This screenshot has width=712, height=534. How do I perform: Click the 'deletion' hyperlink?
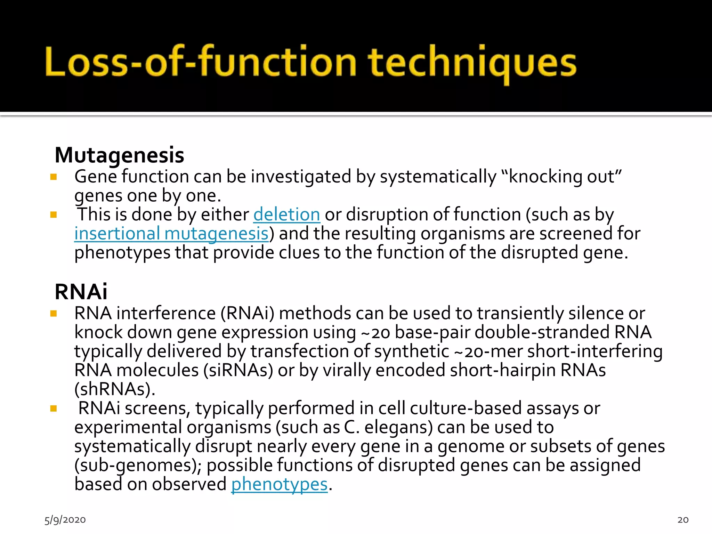(x=286, y=215)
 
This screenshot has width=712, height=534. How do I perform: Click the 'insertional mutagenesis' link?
(x=171, y=234)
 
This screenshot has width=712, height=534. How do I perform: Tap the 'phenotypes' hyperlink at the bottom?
(x=280, y=484)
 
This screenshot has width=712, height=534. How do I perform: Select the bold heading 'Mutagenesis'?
(x=119, y=155)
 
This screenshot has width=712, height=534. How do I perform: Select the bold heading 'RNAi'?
(x=81, y=292)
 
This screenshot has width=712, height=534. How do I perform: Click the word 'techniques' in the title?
(x=472, y=63)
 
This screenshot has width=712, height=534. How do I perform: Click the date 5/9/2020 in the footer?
(x=65, y=520)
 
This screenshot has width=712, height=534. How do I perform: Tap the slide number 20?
(x=683, y=520)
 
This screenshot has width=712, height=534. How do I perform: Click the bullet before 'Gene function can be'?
(x=54, y=177)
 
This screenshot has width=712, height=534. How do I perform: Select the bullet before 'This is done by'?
(x=54, y=215)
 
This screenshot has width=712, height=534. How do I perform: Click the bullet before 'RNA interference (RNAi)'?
(x=54, y=314)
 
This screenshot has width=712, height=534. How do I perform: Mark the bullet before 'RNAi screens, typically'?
(x=54, y=408)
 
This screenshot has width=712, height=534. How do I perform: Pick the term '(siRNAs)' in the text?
(x=238, y=370)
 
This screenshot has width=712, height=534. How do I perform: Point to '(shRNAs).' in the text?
(x=115, y=389)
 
